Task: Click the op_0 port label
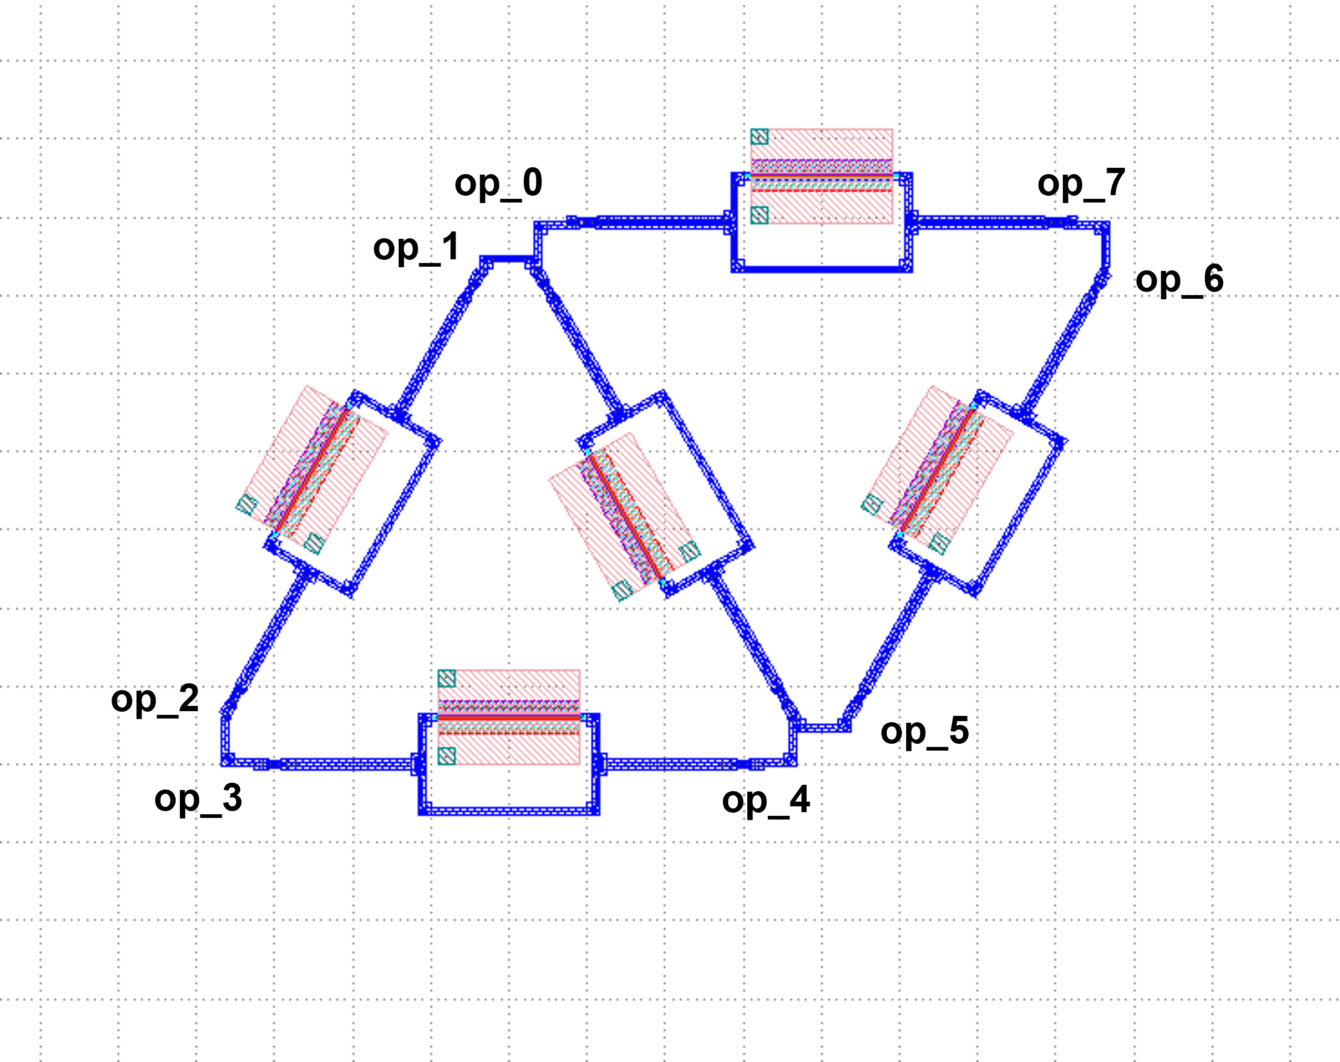pyautogui.click(x=499, y=184)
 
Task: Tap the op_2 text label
pyautogui.click(x=155, y=700)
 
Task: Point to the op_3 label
pyautogui.click(x=198, y=800)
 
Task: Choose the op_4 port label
pyautogui.click(x=766, y=801)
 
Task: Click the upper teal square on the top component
pyautogui.click(x=759, y=137)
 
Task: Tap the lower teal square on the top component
pyautogui.click(x=759, y=215)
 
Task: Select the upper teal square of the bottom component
pyautogui.click(x=447, y=677)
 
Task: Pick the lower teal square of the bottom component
pyautogui.click(x=447, y=756)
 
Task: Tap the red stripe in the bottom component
pyautogui.click(x=509, y=717)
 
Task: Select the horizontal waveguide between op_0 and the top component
pyautogui.click(x=646, y=222)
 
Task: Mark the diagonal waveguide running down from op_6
pyautogui.click(x=1063, y=342)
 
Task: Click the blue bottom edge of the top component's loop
pyautogui.click(x=821, y=269)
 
